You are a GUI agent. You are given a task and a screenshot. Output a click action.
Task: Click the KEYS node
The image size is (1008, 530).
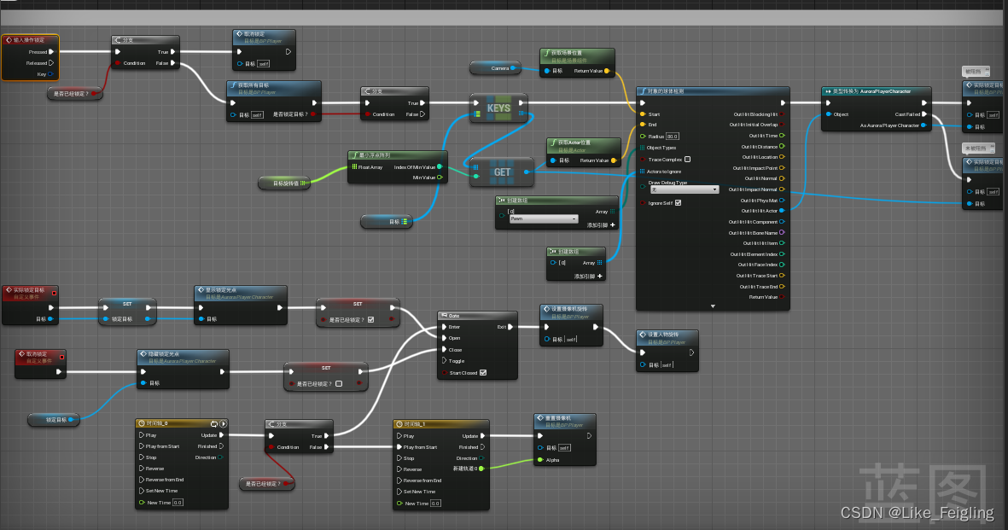pyautogui.click(x=498, y=108)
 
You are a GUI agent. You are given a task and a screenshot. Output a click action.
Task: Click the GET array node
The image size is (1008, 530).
pyautogui.click(x=502, y=172)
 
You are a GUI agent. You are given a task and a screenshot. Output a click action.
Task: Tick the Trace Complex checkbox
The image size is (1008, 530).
pyautogui.click(x=688, y=160)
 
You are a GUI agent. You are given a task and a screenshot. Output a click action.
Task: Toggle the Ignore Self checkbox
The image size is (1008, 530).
pyautogui.click(x=678, y=202)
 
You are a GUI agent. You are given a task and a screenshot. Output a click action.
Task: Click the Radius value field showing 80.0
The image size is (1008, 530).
pyautogui.click(x=673, y=137)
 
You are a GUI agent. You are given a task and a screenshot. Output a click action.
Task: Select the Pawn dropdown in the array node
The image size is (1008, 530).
pyautogui.click(x=543, y=218)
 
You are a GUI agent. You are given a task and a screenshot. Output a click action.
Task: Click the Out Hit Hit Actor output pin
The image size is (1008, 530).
pyautogui.click(x=783, y=211)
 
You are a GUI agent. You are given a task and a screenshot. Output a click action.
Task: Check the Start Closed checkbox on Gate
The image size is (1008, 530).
pyautogui.click(x=483, y=372)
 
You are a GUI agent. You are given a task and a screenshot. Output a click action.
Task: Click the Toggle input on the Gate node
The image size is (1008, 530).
pyautogui.click(x=457, y=361)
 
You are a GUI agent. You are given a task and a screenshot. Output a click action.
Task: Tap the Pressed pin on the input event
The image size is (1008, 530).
pyautogui.click(x=38, y=52)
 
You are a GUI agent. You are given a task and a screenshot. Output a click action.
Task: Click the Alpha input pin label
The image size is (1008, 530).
pyautogui.click(x=552, y=459)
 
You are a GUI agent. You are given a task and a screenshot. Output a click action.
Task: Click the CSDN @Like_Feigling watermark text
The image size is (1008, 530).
pyautogui.click(x=917, y=513)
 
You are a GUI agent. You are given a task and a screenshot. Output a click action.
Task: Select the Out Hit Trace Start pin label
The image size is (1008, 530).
pyautogui.click(x=754, y=276)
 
